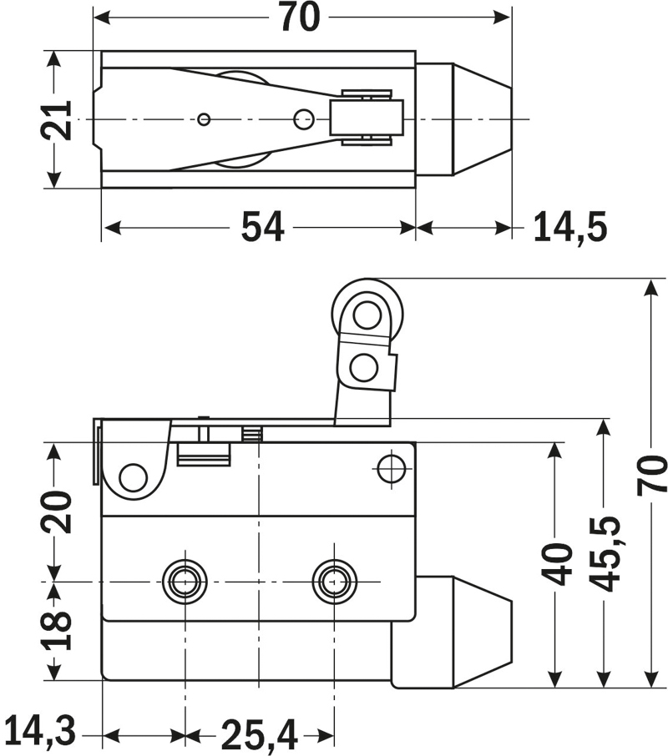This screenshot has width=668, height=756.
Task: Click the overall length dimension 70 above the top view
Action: coord(299,18)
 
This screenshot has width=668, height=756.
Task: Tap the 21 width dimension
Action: coord(56,119)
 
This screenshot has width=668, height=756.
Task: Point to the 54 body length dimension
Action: coord(262,227)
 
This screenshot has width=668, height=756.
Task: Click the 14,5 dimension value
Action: coord(570,227)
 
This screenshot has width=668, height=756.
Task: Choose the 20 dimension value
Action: coord(56,511)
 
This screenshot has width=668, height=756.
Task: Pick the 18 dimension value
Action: coord(56,630)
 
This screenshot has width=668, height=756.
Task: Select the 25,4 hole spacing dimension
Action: coord(259,734)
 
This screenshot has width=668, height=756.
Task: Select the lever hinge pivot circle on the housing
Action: coord(133,477)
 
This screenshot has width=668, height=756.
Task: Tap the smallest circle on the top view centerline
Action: coord(204,119)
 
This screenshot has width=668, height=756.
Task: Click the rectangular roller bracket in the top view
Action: coord(367,118)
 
